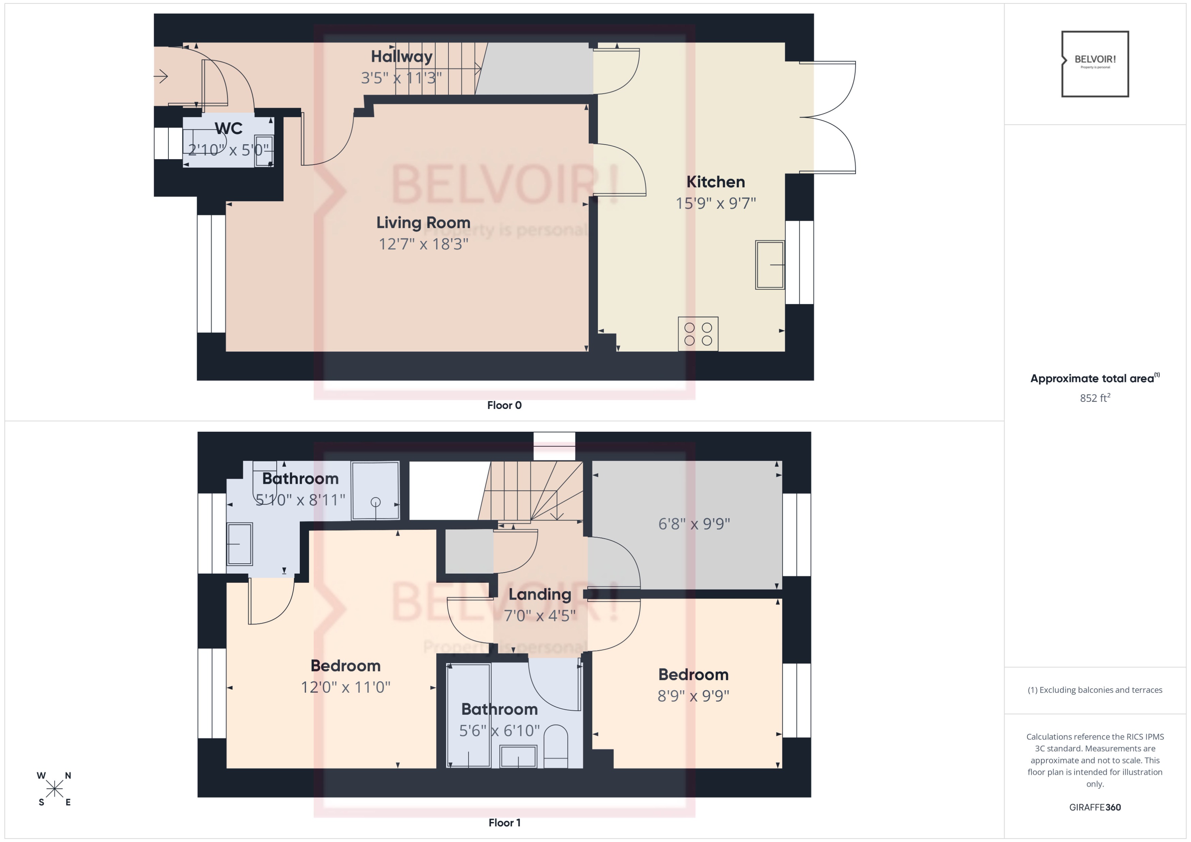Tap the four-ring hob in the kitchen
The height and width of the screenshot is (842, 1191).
(x=698, y=334)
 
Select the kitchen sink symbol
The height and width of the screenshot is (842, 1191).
(x=769, y=264)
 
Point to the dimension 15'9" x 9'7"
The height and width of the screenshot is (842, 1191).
(x=715, y=203)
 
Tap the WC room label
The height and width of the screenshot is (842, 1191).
(x=228, y=128)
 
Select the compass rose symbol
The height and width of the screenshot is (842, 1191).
(x=54, y=789)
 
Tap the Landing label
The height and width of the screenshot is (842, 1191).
(x=539, y=594)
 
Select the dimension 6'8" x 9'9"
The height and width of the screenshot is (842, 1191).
(x=694, y=524)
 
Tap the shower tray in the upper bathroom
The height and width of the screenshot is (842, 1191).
(x=375, y=490)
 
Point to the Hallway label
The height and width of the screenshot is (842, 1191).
(x=402, y=56)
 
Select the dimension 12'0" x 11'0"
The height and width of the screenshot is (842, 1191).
(x=345, y=687)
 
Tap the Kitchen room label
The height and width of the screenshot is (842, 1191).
(x=715, y=182)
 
